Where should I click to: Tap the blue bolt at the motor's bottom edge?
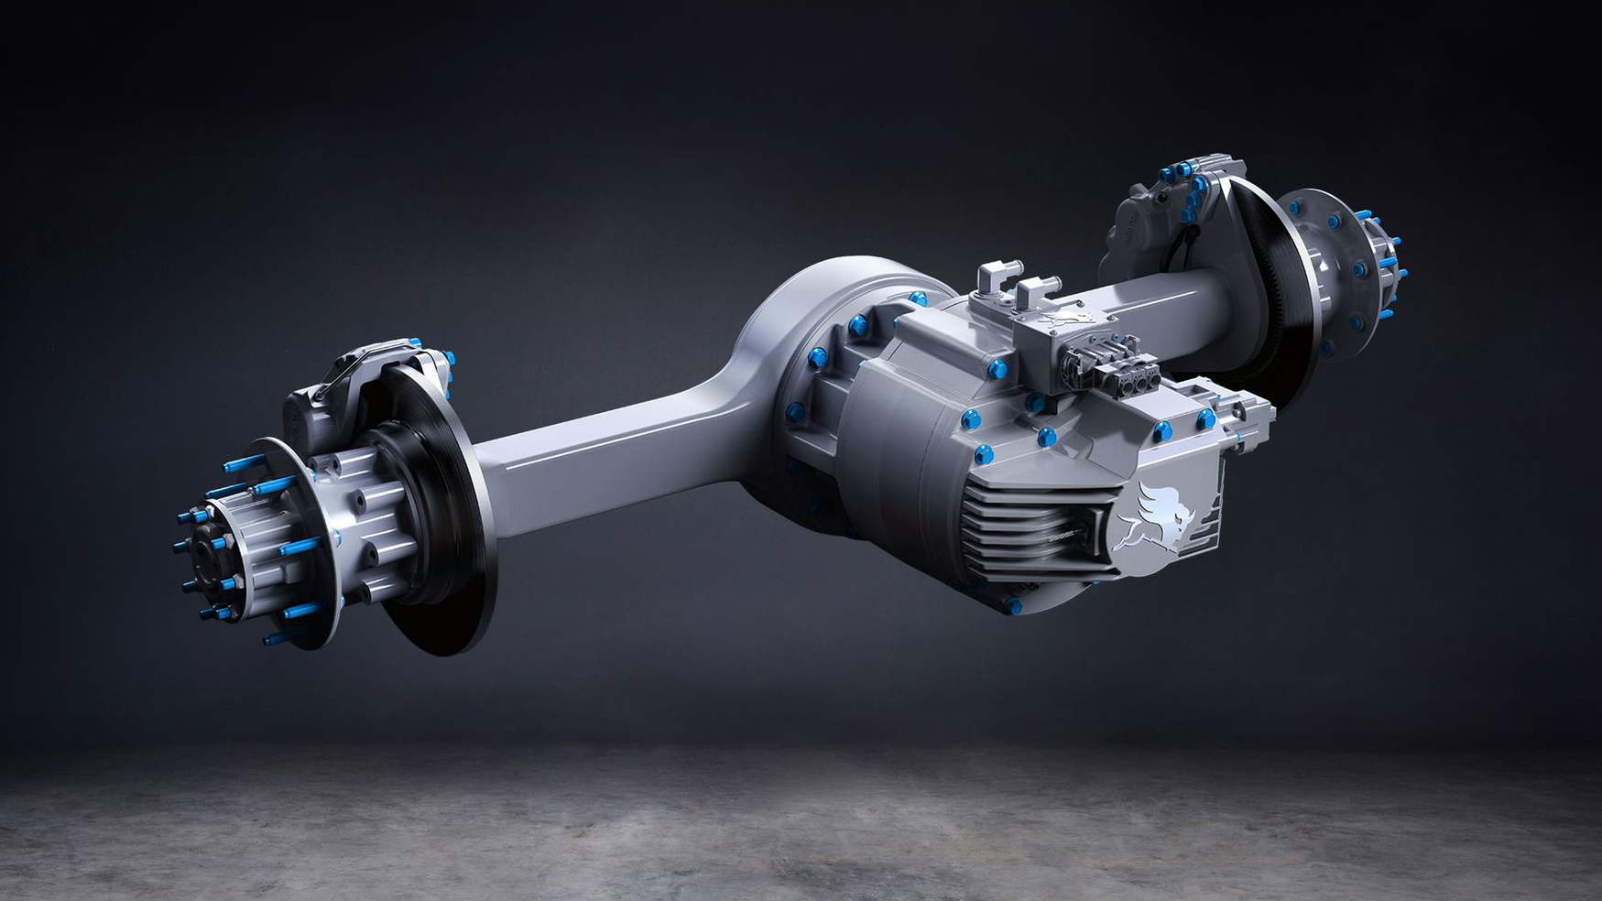point(1009,605)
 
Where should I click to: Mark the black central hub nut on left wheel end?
point(201,549)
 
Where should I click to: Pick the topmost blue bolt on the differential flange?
point(916,297)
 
